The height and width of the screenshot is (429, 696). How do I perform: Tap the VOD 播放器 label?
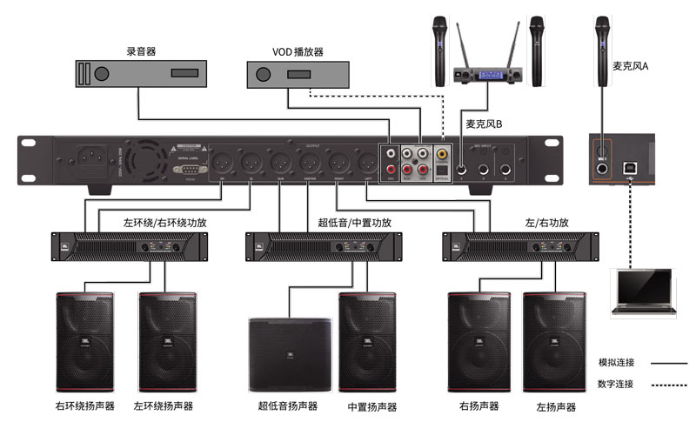[x=298, y=51]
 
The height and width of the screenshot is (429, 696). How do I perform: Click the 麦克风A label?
[x=631, y=66]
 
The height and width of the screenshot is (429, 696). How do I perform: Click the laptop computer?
[x=644, y=292]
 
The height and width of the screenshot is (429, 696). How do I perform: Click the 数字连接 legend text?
[x=616, y=384]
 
